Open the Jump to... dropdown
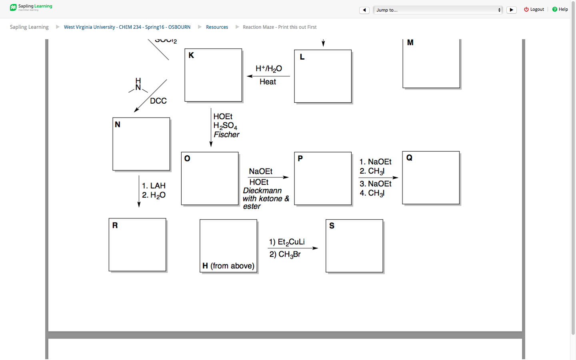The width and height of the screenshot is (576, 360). pos(438,10)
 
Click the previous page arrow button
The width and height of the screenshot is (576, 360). pos(364,10)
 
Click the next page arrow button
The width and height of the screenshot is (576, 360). pos(511,10)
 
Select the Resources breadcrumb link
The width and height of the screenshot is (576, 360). pos(217,27)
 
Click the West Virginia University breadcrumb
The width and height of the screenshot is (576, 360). pos(127,27)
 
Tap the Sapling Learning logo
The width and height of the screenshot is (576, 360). pos(31,7)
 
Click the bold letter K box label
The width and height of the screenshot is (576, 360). pos(191,56)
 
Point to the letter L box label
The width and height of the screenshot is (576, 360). pos(302,57)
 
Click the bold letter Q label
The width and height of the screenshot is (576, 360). pos(409,158)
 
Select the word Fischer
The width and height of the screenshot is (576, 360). pos(226,135)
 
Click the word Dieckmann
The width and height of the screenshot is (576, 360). pos(262,191)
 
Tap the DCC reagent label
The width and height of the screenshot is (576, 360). pos(158,101)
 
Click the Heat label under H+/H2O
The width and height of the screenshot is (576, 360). pos(268,82)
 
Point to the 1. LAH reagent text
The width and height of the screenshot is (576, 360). pos(154,186)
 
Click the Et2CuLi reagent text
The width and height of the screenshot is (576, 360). pos(291,242)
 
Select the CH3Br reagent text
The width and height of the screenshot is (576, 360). pos(289,254)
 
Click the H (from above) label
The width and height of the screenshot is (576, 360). pos(228,266)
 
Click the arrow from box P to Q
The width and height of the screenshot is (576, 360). pos(378,178)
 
